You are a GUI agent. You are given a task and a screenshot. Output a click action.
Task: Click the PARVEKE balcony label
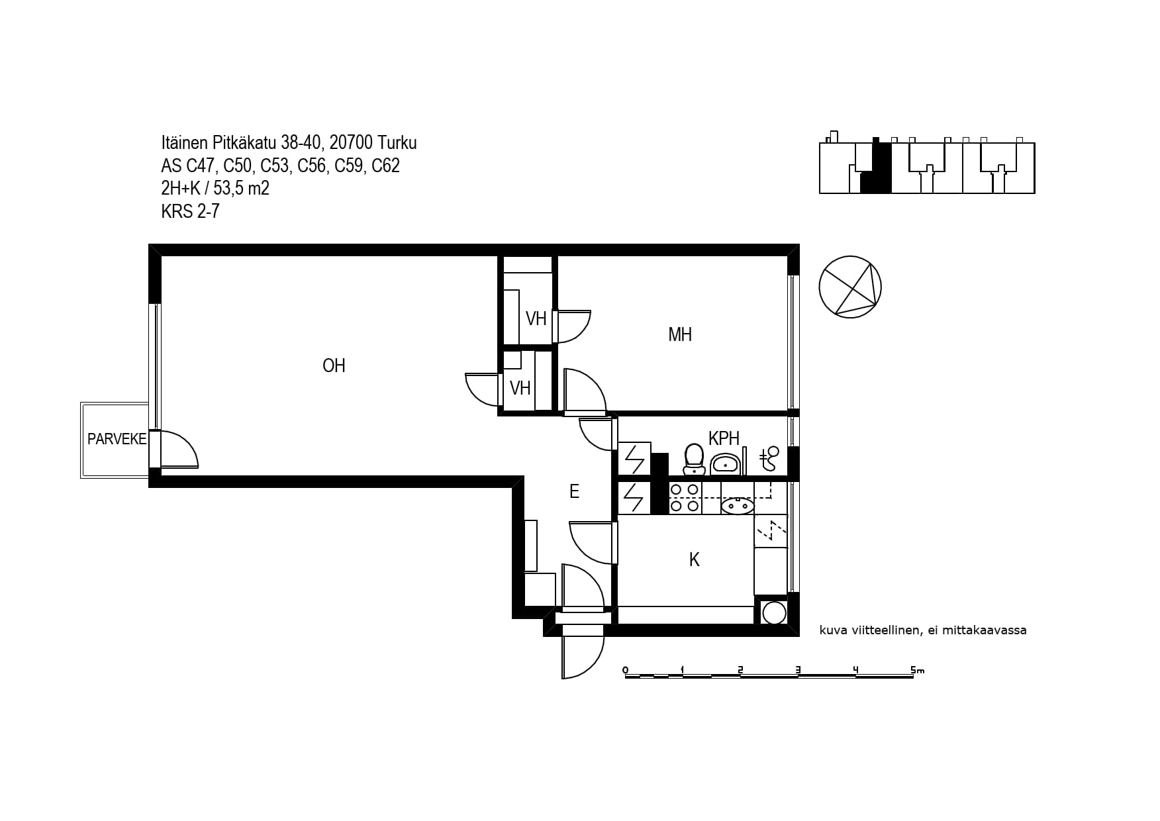coord(117,439)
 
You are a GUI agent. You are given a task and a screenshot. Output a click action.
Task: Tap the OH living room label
coord(334,365)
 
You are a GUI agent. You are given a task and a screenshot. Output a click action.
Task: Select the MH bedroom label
coord(680,334)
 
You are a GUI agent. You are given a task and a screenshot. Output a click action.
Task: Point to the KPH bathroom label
coord(724,438)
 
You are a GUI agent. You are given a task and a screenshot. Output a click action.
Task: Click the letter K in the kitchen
coord(695,559)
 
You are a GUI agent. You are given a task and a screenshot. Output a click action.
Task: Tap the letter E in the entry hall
coord(574,491)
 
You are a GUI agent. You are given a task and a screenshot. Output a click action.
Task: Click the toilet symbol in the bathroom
coord(693,459)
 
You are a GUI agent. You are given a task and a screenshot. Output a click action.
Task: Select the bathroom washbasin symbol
coord(726,464)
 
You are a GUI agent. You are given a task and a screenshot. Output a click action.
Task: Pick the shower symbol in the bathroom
coord(769,458)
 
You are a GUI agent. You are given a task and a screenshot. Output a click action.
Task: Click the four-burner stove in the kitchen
coord(685,497)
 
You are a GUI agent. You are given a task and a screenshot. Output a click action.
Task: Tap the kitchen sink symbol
coord(737,506)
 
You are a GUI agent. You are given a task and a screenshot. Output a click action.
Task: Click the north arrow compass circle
coord(850,287)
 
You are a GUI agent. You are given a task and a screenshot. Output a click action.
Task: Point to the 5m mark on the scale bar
coord(917,670)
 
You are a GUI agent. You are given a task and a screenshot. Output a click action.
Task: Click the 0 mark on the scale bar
coord(625,670)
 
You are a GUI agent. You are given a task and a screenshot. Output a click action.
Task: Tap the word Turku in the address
coord(397,143)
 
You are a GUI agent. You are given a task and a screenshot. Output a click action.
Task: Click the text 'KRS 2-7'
coord(190,211)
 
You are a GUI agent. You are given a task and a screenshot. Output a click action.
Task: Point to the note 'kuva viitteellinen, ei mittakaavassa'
coord(923,630)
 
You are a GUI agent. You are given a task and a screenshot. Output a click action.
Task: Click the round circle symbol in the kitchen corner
coord(773,613)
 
